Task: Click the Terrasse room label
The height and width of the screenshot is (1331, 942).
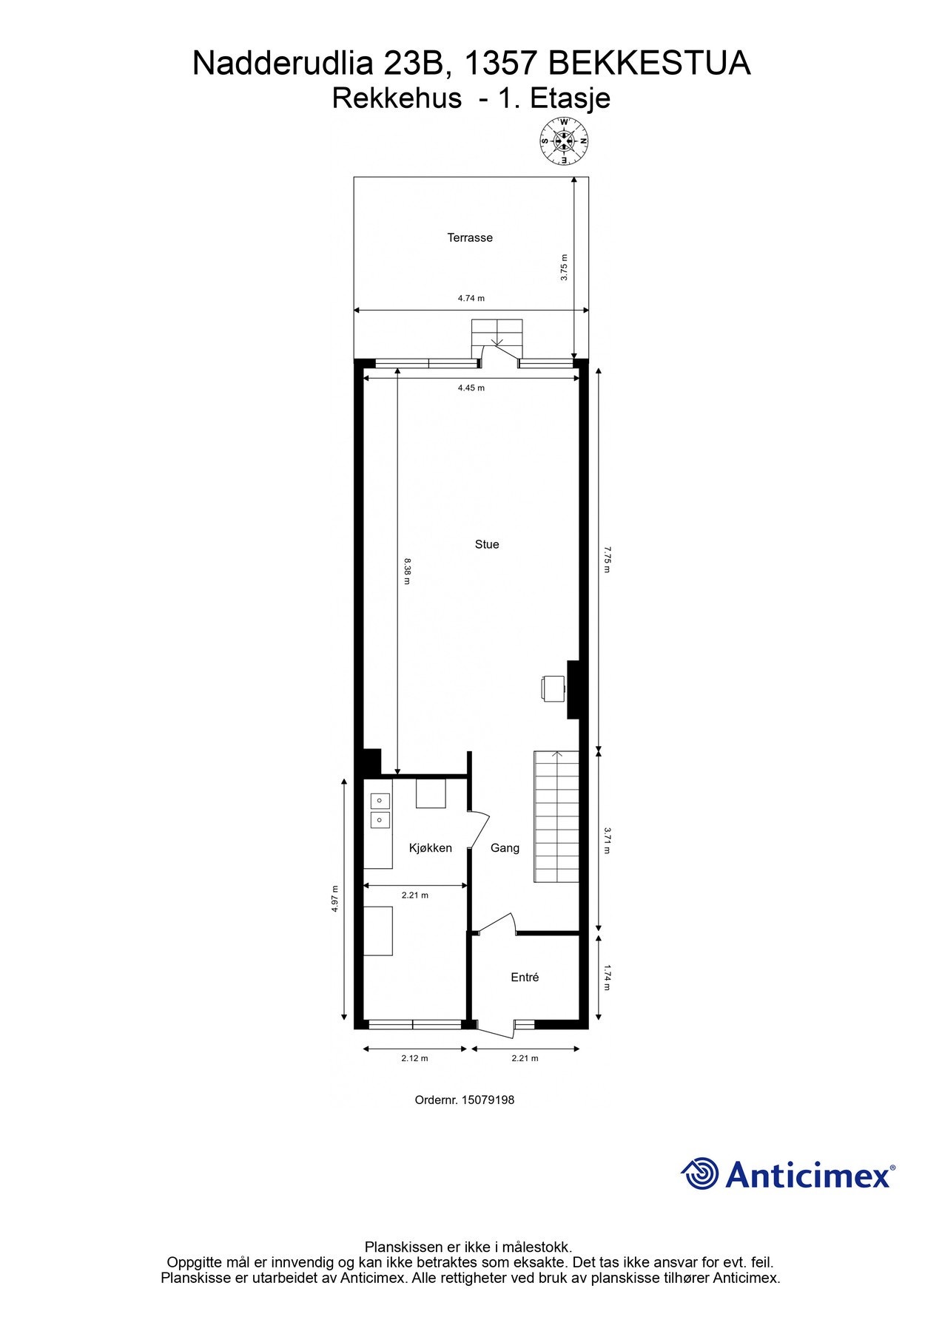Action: coord(469,238)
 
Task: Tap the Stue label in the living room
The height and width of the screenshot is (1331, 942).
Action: coord(487,545)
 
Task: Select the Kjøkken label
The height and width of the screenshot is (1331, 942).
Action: coord(430,848)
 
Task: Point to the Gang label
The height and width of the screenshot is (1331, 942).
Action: coord(505,848)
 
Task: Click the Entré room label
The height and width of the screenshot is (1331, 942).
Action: coord(525,978)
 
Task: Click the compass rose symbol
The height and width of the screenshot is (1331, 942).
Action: coord(564,141)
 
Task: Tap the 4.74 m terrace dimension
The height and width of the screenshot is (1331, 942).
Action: coord(471,299)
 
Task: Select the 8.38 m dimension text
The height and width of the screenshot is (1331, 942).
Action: coord(406,572)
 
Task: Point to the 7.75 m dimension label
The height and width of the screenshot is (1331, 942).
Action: coord(607,560)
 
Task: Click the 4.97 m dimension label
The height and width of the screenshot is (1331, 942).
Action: coord(335,899)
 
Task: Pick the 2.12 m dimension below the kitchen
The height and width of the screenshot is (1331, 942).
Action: coord(414,1058)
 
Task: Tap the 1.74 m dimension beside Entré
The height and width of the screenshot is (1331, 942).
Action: coord(607,977)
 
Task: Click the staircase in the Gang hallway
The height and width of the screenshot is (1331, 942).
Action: coord(556,817)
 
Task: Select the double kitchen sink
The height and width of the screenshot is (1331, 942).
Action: coord(380,810)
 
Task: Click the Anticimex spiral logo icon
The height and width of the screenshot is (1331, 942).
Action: coord(700,1173)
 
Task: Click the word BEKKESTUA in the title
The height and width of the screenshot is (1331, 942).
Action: coord(649,64)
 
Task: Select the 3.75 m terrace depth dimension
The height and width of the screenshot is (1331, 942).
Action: coord(564,267)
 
